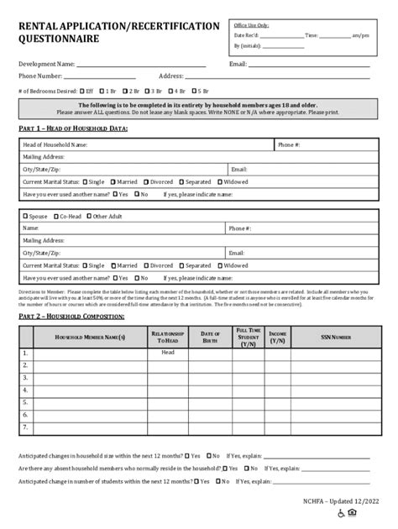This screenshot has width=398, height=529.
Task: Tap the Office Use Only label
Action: [252, 26]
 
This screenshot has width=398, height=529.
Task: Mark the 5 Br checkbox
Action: [193, 90]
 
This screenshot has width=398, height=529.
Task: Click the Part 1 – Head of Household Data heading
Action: [73, 128]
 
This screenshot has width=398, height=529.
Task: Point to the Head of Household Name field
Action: [55, 144]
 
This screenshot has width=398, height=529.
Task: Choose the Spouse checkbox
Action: [25, 216]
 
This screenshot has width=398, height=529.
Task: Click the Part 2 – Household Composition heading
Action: [71, 316]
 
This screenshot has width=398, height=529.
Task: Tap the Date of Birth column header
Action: [210, 337]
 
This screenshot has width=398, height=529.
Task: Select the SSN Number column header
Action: [336, 337]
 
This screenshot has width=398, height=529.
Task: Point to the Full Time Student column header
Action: [249, 337]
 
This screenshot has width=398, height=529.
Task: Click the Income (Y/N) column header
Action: [278, 337]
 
